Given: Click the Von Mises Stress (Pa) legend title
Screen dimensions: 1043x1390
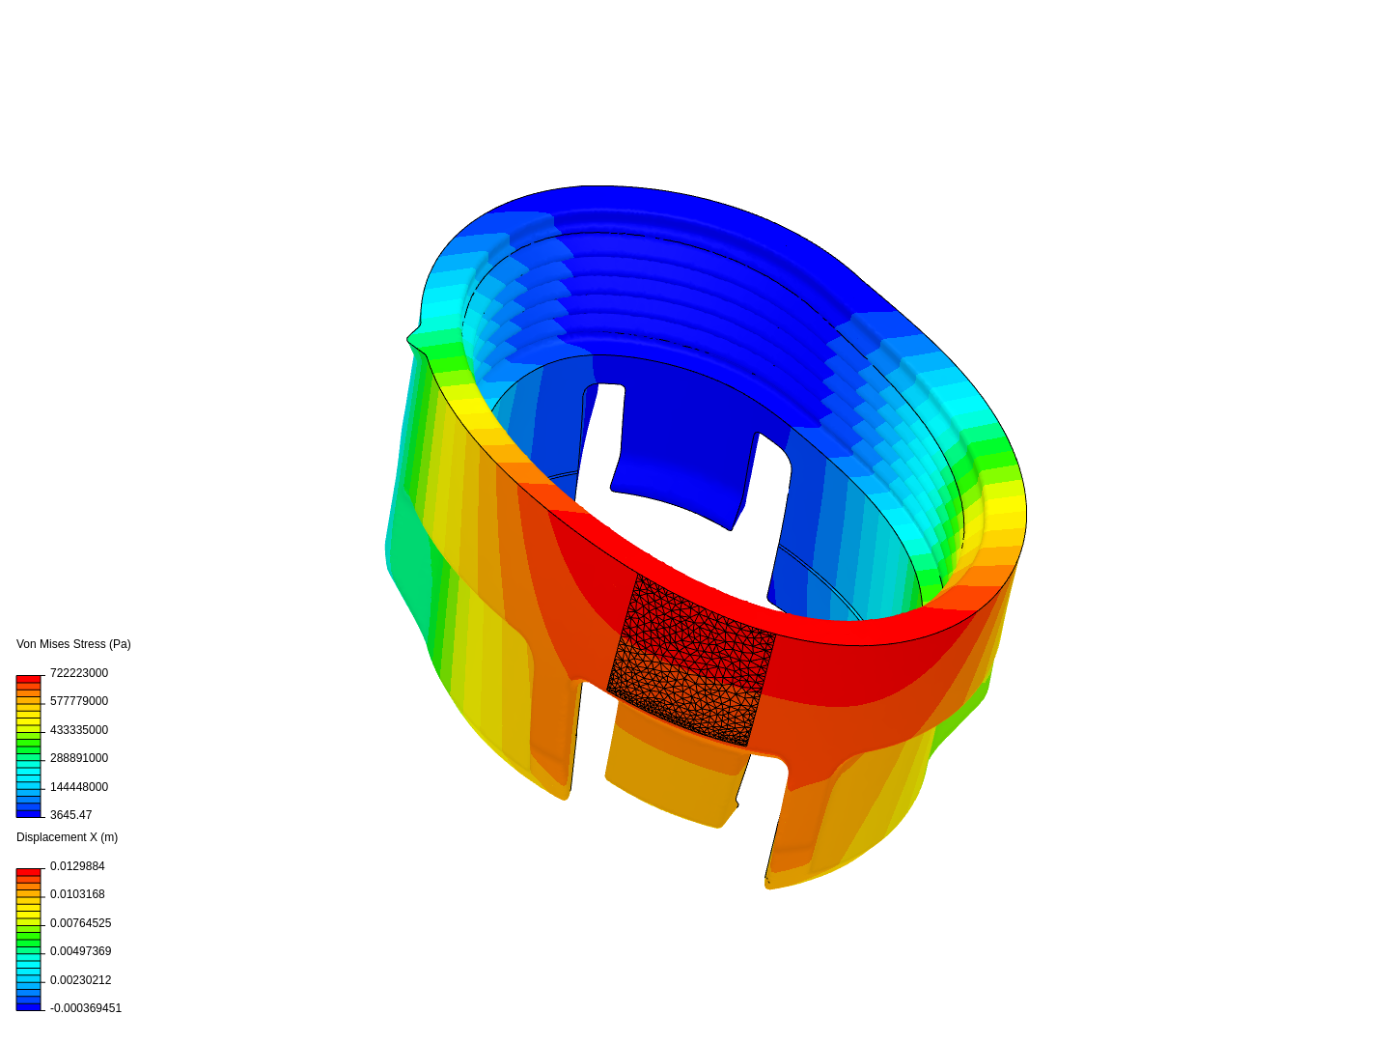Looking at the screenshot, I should pyautogui.click(x=73, y=644).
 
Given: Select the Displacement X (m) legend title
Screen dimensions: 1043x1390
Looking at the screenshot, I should pyautogui.click(x=67, y=837).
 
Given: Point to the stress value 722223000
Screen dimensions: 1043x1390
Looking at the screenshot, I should pyautogui.click(x=79, y=673).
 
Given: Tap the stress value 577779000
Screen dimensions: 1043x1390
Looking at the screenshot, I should pyautogui.click(x=79, y=701).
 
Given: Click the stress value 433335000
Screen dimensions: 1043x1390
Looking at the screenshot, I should pyautogui.click(x=79, y=730).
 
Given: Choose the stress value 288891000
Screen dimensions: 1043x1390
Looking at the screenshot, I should pyautogui.click(x=79, y=758).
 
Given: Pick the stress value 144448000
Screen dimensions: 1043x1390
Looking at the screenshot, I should pyautogui.click(x=79, y=787).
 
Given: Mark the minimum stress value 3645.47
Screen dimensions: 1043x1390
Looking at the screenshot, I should pyautogui.click(x=70, y=815).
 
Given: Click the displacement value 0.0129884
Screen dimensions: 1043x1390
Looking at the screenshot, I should pyautogui.click(x=77, y=866).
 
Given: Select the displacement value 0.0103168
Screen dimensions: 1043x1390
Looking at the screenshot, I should pyautogui.click(x=77, y=894).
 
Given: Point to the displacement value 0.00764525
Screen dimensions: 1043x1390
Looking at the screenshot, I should pyautogui.click(x=80, y=923).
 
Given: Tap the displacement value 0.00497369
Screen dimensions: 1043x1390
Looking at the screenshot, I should pyautogui.click(x=80, y=951).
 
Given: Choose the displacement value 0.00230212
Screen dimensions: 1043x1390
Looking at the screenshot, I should pyautogui.click(x=80, y=980).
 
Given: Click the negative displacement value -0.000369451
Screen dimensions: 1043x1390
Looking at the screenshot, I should pyautogui.click(x=86, y=1008).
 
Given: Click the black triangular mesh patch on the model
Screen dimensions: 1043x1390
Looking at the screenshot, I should pyautogui.click(x=690, y=662).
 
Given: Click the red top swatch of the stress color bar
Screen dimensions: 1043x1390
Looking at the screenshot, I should pyautogui.click(x=29, y=680).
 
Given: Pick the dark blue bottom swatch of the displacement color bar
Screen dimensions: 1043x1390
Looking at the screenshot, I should pyautogui.click(x=29, y=1006).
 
